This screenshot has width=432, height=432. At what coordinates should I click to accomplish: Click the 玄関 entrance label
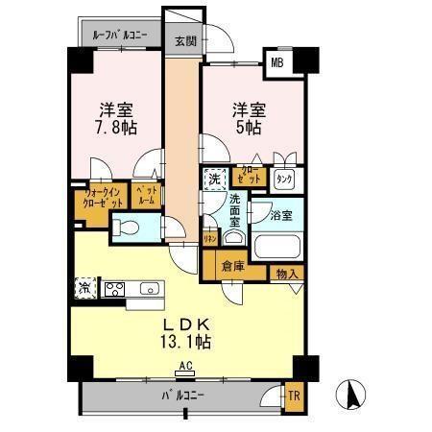pyautogui.click(x=186, y=41)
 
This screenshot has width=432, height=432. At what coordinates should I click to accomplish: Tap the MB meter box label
pyautogui.click(x=277, y=63)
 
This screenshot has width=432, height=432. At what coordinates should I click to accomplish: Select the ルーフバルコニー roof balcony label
pyautogui.click(x=120, y=36)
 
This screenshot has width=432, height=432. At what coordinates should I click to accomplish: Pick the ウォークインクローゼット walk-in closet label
pyautogui.click(x=100, y=199)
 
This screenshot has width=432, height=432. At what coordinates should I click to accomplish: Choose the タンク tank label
pyautogui.click(x=284, y=179)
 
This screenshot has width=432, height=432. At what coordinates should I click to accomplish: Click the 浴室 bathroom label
pyautogui.click(x=280, y=216)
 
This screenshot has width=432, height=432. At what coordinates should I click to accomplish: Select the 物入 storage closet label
pyautogui.click(x=286, y=274)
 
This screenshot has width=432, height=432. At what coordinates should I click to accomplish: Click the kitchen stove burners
pyautogui.click(x=114, y=288)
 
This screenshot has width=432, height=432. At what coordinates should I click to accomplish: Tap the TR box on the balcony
pyautogui.click(x=294, y=394)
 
